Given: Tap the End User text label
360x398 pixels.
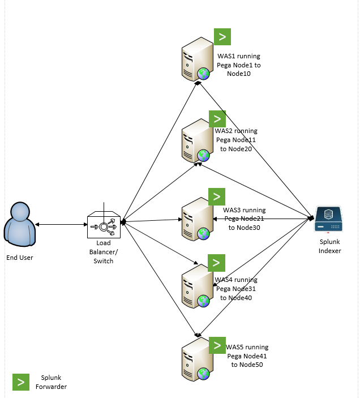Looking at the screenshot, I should [20, 258].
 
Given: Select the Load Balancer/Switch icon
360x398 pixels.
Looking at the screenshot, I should [103, 225].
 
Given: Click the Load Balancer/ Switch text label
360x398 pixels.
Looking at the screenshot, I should [103, 257].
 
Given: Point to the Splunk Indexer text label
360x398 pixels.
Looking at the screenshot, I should [329, 246].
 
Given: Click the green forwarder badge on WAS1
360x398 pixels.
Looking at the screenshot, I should [222, 37].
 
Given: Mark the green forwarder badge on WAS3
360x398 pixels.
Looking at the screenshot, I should [217, 196].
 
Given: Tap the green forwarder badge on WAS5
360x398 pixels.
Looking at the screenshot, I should [217, 345].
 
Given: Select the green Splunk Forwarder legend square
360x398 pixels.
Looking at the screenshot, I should [21, 382].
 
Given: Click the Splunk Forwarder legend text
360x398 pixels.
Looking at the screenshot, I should [54, 382].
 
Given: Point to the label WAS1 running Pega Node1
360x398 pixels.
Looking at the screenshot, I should [239, 65].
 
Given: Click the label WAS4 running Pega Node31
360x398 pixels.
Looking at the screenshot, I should [236, 289].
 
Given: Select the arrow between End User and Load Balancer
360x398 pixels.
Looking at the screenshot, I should [61, 225].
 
